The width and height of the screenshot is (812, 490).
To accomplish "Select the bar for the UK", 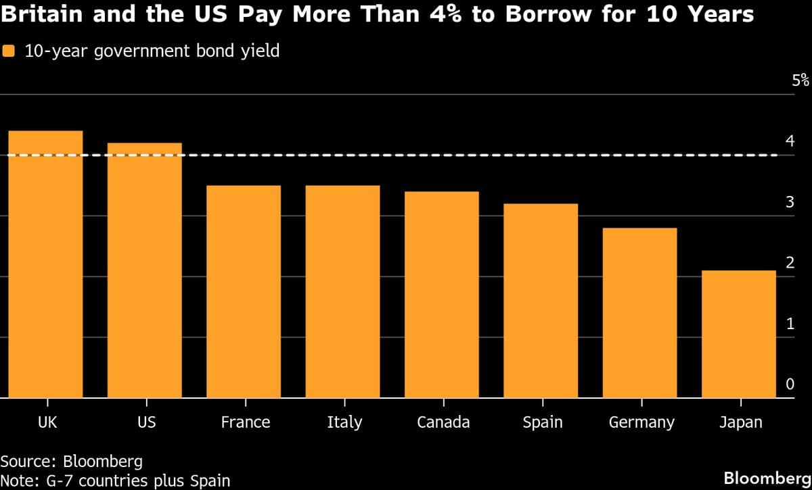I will pyautogui.click(x=45, y=264).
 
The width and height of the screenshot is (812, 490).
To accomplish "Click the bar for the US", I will pyautogui.click(x=144, y=270).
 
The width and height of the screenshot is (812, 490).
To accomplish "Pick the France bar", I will pyautogui.click(x=244, y=291).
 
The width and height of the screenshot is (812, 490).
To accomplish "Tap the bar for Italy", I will pyautogui.click(x=342, y=291).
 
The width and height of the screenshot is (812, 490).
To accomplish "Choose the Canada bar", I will pyautogui.click(x=442, y=295).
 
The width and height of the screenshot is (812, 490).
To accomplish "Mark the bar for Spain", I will pyautogui.click(x=541, y=301).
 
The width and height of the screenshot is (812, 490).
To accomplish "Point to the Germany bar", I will pyautogui.click(x=640, y=313).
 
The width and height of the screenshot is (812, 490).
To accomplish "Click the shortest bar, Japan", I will pyautogui.click(x=739, y=334).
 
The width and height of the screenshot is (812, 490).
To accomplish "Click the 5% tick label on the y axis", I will pyautogui.click(x=800, y=80).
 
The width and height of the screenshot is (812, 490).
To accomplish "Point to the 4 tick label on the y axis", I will pyautogui.click(x=790, y=141).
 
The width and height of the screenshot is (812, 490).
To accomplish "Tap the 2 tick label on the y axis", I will pyautogui.click(x=790, y=263).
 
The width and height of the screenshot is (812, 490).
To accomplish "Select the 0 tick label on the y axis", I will pyautogui.click(x=790, y=384).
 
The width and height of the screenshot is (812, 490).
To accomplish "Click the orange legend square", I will pyautogui.click(x=9, y=51).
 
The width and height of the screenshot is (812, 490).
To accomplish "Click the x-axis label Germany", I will pyautogui.click(x=641, y=422).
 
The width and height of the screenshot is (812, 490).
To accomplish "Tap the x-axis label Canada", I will pyautogui.click(x=443, y=422).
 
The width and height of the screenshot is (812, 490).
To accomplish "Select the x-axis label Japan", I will pyautogui.click(x=740, y=422).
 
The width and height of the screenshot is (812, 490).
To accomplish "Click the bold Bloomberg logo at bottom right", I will pyautogui.click(x=767, y=478).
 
